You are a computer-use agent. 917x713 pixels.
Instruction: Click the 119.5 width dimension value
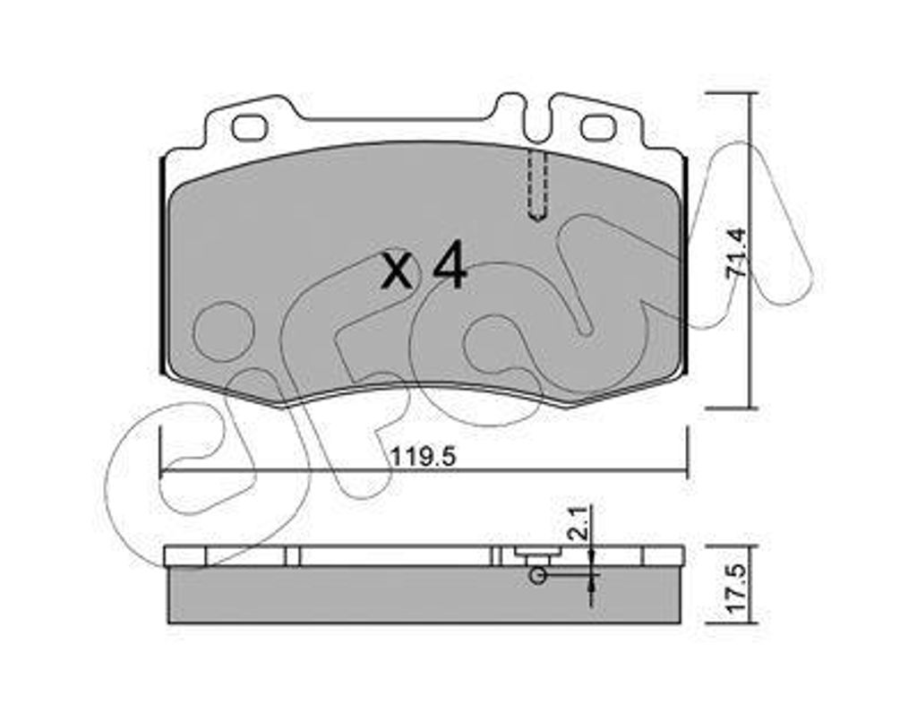[x=423, y=457]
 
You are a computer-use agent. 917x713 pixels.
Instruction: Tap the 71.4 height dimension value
[x=736, y=252]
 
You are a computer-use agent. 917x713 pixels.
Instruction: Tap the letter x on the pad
[x=396, y=273]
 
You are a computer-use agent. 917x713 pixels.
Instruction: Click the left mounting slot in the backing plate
[x=250, y=127]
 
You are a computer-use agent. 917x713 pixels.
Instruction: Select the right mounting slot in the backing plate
[x=597, y=127]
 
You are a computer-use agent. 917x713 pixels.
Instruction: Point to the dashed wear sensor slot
[x=537, y=186]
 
